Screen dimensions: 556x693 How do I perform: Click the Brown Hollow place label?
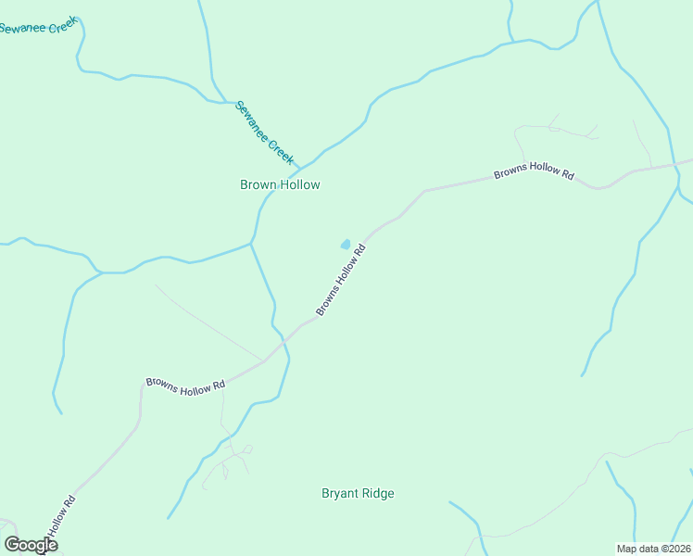(280, 184)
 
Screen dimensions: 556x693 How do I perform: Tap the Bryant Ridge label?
(358, 493)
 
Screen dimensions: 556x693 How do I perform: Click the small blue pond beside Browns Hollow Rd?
(346, 245)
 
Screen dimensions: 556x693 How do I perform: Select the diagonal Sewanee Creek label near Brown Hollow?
(264, 133)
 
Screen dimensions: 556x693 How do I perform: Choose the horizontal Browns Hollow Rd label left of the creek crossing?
(185, 384)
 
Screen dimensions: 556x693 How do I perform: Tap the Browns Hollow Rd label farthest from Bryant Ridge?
(534, 173)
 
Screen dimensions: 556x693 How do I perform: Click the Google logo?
(31, 545)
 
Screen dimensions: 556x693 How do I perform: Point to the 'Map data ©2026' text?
(653, 549)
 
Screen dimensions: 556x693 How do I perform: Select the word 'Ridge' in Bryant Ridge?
(378, 493)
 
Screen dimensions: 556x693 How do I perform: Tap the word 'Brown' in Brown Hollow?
(258, 184)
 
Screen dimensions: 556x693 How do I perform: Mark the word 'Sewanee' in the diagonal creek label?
(251, 119)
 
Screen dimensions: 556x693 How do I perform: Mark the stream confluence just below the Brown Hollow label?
(251, 244)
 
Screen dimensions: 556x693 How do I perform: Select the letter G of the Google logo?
(12, 545)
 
